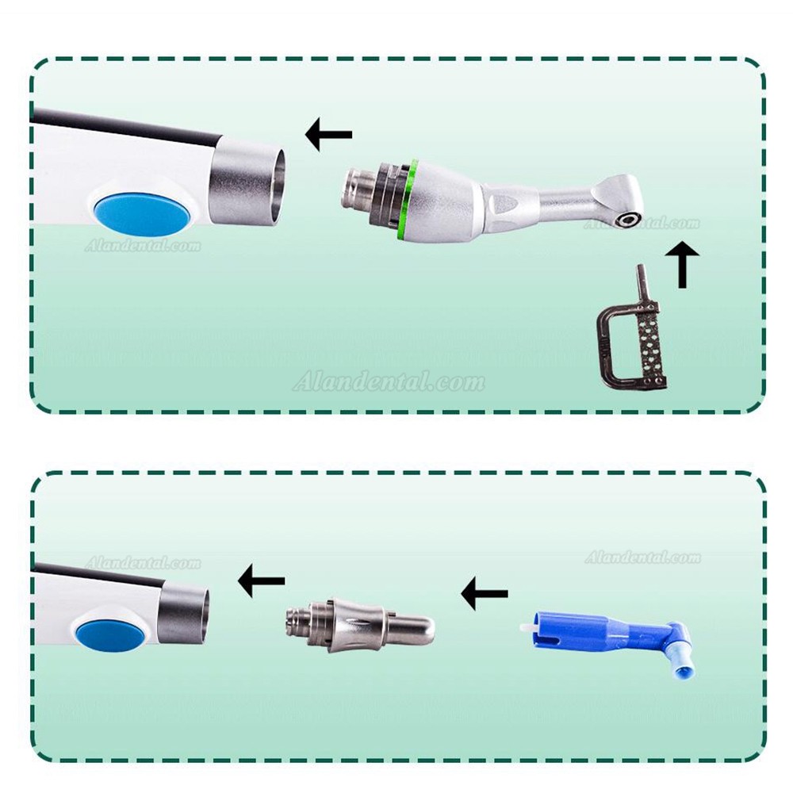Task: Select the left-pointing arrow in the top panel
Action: (x=329, y=135)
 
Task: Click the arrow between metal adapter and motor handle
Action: (x=262, y=580)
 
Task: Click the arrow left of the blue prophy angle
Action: (x=485, y=593)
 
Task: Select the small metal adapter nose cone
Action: (x=359, y=623)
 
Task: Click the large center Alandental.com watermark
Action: (x=389, y=382)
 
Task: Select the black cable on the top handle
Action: (x=126, y=126)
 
